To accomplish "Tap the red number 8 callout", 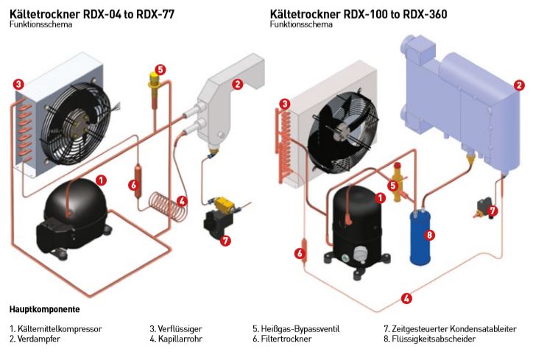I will [431, 236].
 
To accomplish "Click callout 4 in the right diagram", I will [406, 298].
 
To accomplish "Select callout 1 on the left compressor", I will [101, 179].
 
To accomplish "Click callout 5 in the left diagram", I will [160, 70].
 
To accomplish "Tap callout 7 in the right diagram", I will [493, 211].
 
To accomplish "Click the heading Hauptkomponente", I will [44, 309].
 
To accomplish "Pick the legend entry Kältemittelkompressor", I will [56, 328].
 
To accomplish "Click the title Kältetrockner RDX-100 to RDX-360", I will [359, 14].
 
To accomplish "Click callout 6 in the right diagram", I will [300, 253].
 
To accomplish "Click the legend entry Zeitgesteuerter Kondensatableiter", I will [450, 328].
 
